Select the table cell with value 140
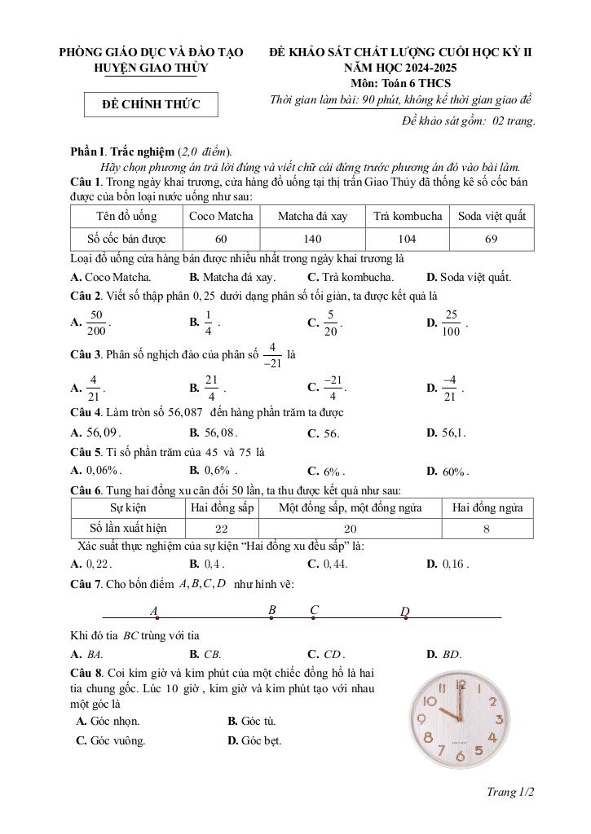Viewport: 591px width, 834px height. point(312,239)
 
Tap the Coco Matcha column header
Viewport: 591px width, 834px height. point(221,216)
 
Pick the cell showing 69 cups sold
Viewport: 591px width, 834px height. point(491,239)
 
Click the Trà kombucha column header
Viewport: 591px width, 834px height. point(408,216)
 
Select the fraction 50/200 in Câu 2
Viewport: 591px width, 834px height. point(96,323)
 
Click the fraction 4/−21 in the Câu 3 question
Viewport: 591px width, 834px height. point(271,355)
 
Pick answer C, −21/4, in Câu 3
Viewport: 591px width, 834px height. point(332,388)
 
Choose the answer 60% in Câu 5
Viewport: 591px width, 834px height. point(454,472)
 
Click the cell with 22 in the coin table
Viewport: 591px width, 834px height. point(222,528)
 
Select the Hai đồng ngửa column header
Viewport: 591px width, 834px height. point(487,507)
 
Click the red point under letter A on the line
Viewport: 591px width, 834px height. point(157,618)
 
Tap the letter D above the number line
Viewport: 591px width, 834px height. point(405,610)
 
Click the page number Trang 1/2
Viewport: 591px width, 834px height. point(510,791)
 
